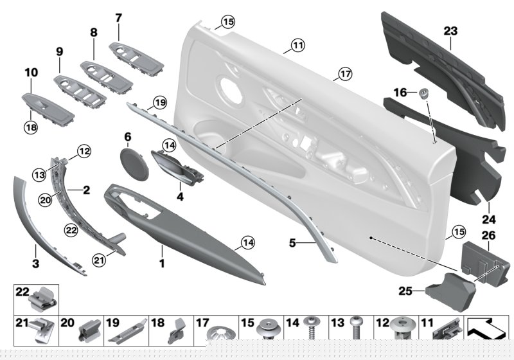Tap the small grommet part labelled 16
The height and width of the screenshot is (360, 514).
[424, 94]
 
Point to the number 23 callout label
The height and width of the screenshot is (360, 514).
[450, 30]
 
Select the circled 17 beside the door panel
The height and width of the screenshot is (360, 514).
[345, 75]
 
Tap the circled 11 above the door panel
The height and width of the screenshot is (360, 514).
[297, 46]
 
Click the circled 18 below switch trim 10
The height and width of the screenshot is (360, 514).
[31, 129]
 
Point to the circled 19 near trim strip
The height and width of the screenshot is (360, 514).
[159, 102]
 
